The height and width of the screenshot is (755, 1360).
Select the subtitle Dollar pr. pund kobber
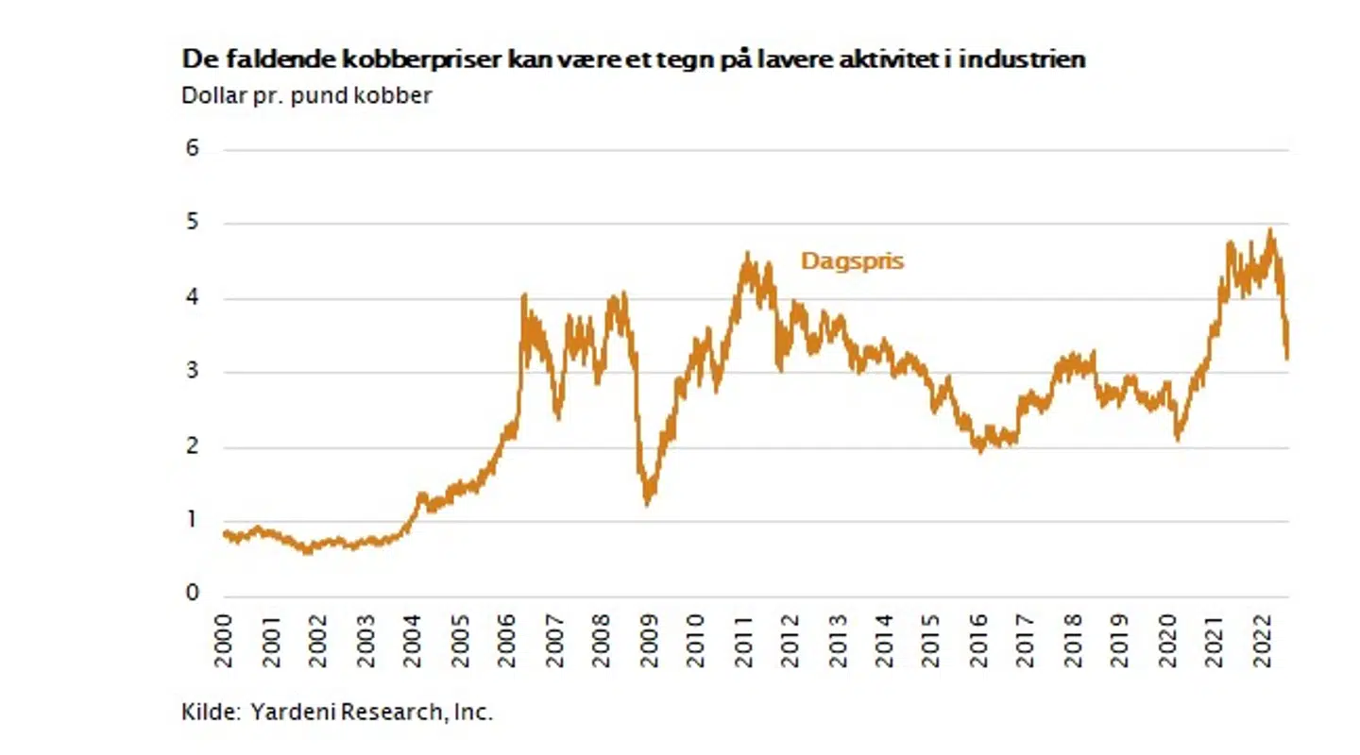click(306, 95)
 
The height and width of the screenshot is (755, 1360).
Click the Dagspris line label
click(852, 261)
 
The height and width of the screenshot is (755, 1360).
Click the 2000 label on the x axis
click(225, 642)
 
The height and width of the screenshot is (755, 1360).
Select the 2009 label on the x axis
click(649, 642)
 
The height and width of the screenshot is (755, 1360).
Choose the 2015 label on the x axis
click(931, 642)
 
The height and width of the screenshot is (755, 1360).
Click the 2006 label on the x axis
click(507, 642)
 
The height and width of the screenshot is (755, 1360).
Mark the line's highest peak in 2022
click(1270, 229)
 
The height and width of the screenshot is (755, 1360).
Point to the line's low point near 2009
click(647, 504)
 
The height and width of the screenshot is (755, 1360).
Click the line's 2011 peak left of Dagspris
click(747, 253)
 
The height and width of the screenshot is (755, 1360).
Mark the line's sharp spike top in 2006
click(524, 295)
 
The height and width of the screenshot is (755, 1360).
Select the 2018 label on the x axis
click(1073, 642)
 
